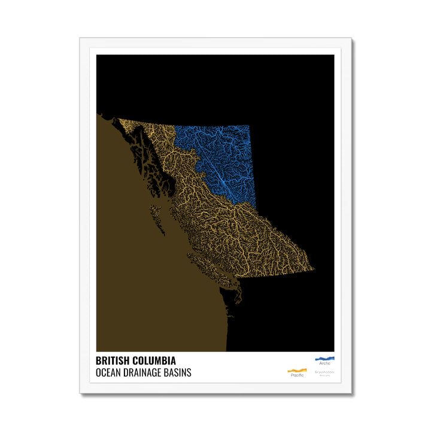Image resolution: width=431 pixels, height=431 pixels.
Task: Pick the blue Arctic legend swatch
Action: click(324, 359)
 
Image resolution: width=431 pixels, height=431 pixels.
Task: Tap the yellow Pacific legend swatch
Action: click(297, 370)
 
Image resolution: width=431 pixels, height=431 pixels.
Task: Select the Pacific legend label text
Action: click(297, 375)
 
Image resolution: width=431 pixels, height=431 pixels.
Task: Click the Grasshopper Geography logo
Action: click(325, 372)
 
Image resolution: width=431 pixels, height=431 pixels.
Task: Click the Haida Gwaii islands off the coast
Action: click(156, 215)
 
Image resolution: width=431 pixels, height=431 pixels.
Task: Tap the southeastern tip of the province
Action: click(312, 269)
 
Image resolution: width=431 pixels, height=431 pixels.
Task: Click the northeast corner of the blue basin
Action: click(248, 126)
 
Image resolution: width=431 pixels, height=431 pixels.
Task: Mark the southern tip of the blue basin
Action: click(254, 207)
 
